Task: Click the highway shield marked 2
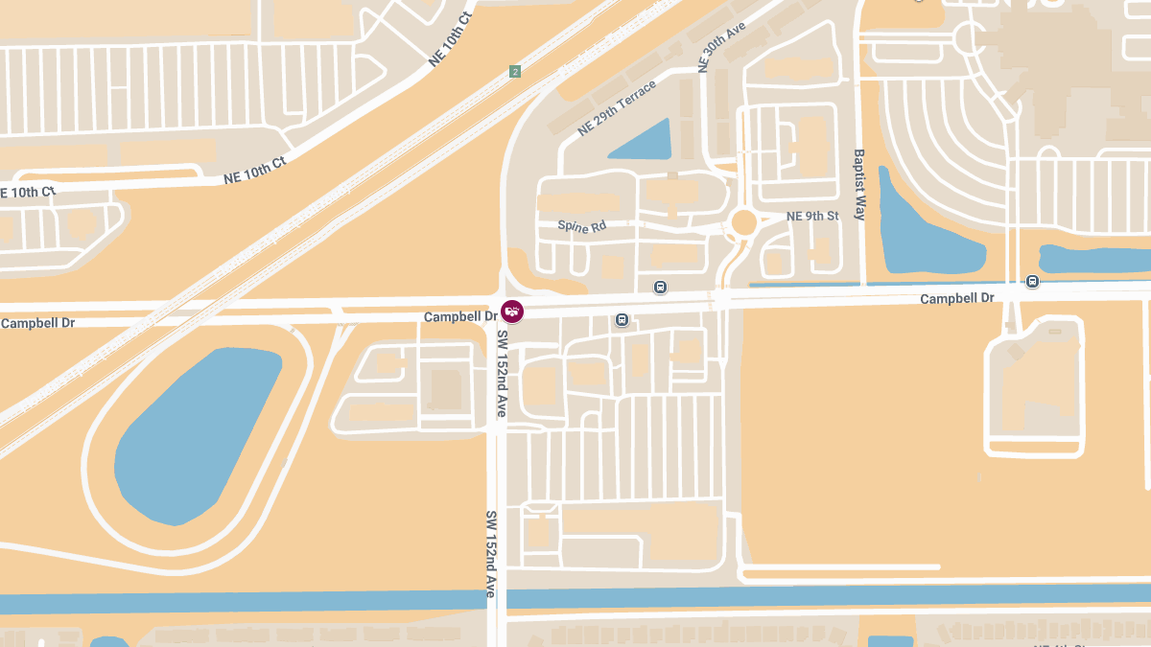pyautogui.click(x=515, y=72)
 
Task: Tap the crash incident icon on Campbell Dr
pyautogui.click(x=513, y=312)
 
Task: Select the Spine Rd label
pyautogui.click(x=582, y=226)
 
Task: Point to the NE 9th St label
pyautogui.click(x=812, y=216)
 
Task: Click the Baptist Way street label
pyautogui.click(x=859, y=184)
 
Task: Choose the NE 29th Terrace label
pyautogui.click(x=617, y=108)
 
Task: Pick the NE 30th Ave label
pyautogui.click(x=722, y=48)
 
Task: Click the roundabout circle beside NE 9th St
pyautogui.click(x=744, y=222)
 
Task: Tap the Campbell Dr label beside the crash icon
pyautogui.click(x=460, y=316)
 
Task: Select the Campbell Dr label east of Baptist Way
pyautogui.click(x=956, y=299)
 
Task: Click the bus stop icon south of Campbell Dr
pyautogui.click(x=622, y=319)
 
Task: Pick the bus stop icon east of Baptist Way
pyautogui.click(x=1032, y=281)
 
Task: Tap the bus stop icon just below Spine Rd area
pyautogui.click(x=660, y=287)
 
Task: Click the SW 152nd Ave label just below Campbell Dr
pyautogui.click(x=501, y=373)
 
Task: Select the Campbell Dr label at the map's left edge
pyautogui.click(x=37, y=323)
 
